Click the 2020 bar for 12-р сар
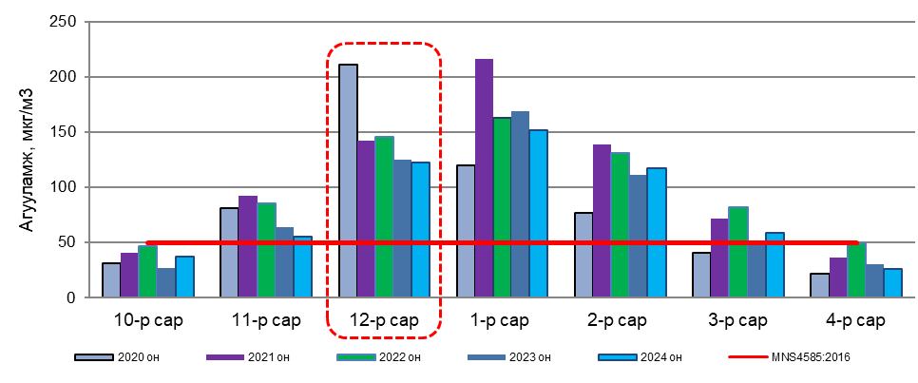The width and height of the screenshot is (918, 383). click(x=349, y=181)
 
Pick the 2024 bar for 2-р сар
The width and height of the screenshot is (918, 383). click(x=656, y=233)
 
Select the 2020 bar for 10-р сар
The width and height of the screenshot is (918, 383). click(x=112, y=280)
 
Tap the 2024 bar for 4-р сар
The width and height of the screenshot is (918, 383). click(x=891, y=283)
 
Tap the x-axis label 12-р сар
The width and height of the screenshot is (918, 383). click(x=384, y=320)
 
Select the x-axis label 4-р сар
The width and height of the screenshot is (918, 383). click(x=855, y=320)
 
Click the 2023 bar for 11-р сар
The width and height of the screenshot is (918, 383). click(x=284, y=262)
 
